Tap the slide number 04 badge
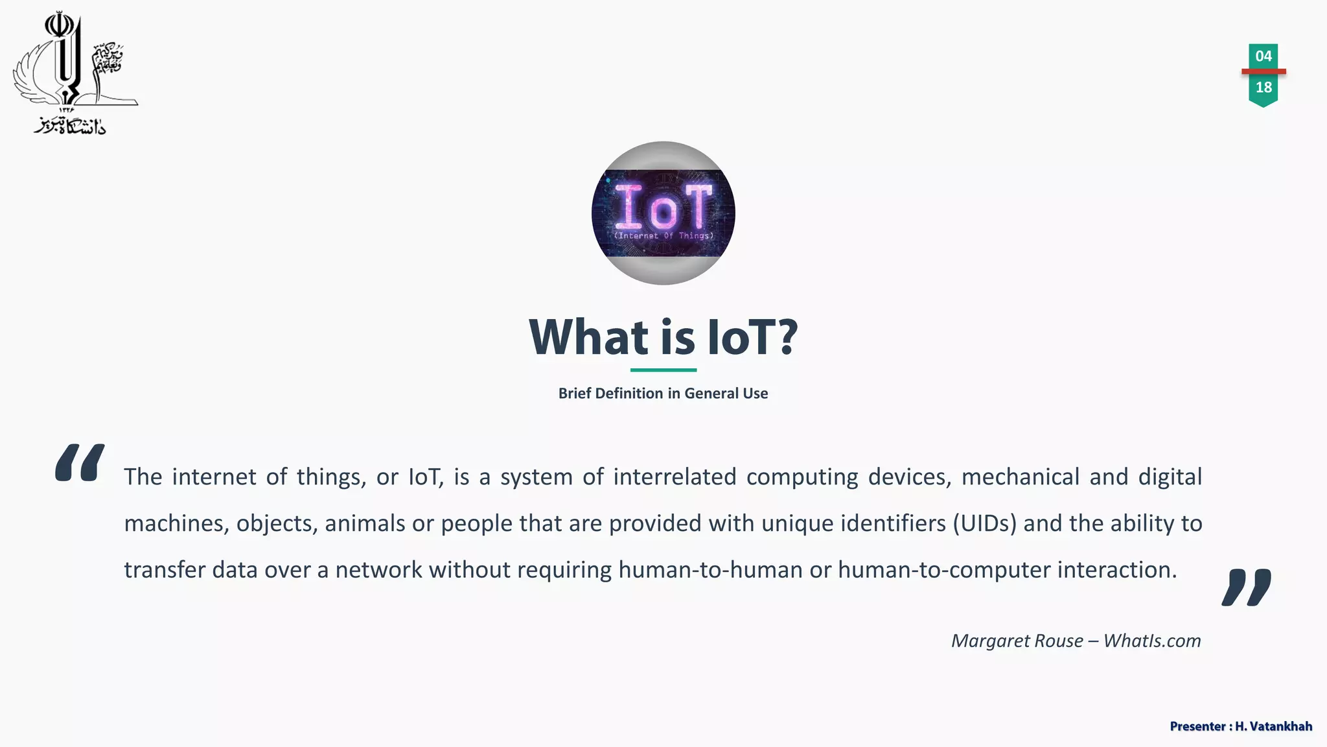[1263, 56]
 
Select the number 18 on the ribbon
[1263, 88]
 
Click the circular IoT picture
[663, 213]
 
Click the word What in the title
[588, 338]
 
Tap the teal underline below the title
[663, 370]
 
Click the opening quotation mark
[80, 462]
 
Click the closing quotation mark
[1246, 587]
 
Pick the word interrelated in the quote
[675, 477]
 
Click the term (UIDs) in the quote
[984, 523]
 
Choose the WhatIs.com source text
[1152, 641]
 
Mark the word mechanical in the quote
[1021, 477]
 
